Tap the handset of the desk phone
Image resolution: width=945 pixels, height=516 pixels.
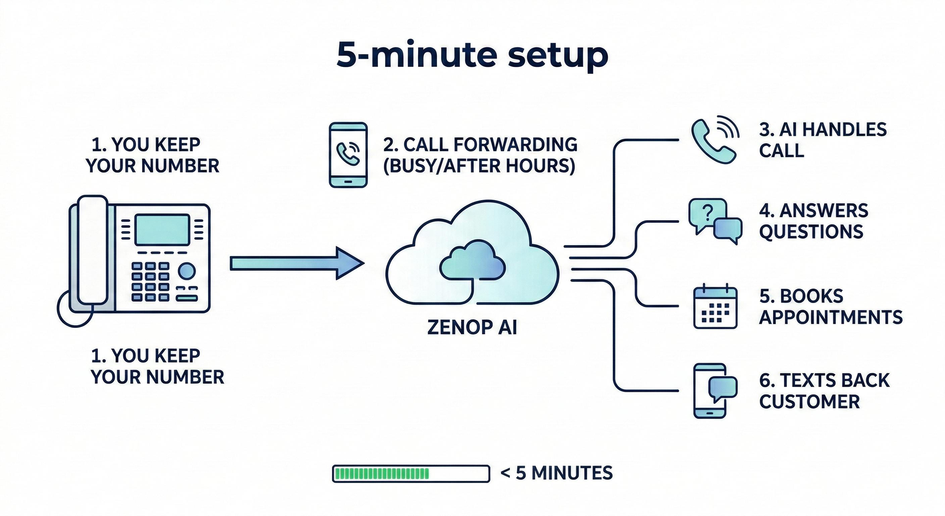92,250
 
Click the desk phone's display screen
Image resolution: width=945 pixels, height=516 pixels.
162,230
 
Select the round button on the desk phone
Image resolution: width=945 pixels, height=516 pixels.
187,271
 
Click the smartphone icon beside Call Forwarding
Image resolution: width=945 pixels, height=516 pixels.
348,155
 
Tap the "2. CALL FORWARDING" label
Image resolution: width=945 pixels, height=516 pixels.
480,145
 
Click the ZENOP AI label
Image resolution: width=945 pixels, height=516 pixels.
472,327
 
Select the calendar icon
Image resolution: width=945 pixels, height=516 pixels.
715,307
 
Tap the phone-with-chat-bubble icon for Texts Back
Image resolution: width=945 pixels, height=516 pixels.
713,391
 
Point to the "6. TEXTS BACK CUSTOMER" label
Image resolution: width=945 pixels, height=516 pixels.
824,391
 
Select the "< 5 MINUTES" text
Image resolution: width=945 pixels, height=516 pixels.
556,473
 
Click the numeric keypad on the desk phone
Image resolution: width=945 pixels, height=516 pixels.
150,282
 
